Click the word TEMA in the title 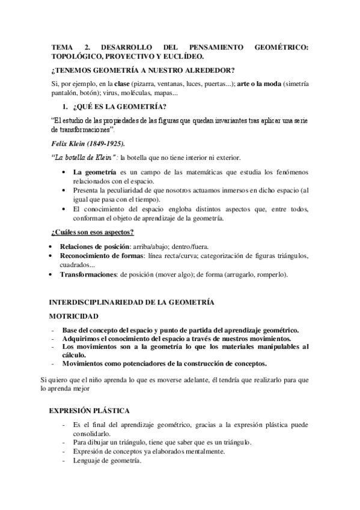(62, 46)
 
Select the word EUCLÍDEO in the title (182, 57)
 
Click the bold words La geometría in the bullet (94, 173)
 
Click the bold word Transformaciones (88, 274)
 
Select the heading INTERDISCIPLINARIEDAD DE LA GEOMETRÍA (131, 302)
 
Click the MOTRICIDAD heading (74, 315)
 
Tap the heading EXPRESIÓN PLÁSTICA (89, 411)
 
